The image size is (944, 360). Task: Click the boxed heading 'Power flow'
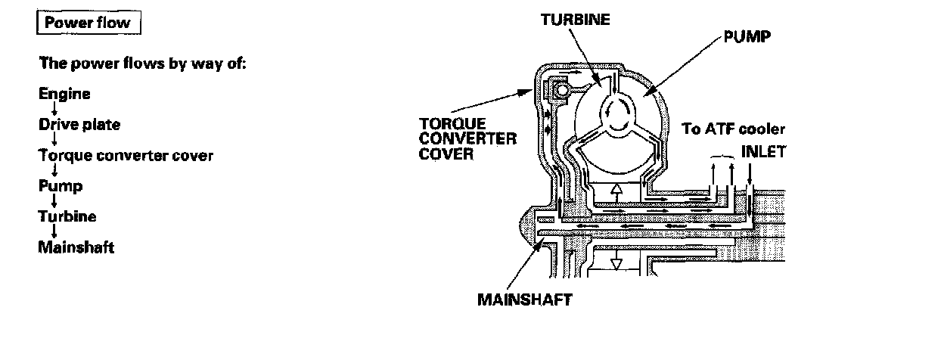pos(87,23)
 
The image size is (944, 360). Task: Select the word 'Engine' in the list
pos(64,95)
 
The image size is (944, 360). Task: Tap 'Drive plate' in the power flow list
pos(79,125)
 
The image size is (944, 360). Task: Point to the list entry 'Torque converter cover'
pos(126,156)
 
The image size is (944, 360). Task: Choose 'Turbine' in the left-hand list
pos(67,216)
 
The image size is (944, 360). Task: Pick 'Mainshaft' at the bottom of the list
pos(76,247)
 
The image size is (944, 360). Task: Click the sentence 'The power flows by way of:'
pos(143,64)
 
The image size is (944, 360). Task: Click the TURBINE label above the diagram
pos(575,20)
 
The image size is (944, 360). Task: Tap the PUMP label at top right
pos(747,36)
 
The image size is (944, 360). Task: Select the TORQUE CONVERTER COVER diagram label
pos(467,138)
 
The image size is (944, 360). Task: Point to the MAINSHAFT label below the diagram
pos(524,298)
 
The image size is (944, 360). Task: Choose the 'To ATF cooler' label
pos(734,129)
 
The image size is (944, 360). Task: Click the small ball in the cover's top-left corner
pos(560,92)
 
